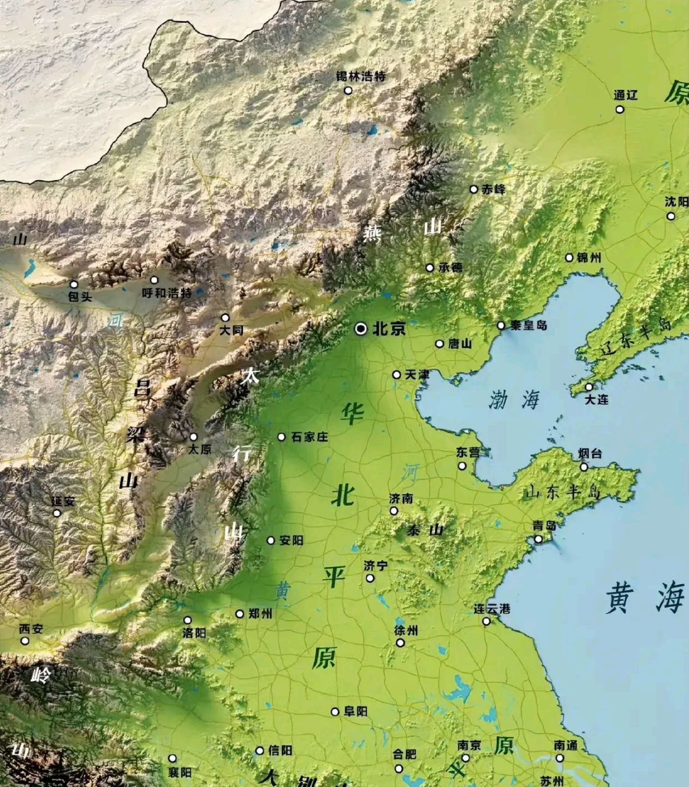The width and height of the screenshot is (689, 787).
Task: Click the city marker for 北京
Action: point(360,329)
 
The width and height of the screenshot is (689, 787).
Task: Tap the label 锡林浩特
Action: point(360,77)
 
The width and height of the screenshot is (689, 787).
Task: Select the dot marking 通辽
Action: point(619,109)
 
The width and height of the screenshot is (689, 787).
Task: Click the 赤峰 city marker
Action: point(474,189)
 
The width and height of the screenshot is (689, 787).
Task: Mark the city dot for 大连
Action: point(589,387)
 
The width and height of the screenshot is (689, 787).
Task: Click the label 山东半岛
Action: point(562,492)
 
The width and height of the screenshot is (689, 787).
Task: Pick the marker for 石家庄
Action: point(282,437)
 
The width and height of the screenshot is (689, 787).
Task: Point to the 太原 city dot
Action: point(193,437)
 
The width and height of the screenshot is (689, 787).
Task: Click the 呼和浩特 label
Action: point(167,293)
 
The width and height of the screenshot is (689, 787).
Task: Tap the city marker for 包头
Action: point(74,284)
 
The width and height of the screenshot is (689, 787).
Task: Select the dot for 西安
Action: point(25,641)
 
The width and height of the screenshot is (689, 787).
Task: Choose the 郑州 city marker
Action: point(240,614)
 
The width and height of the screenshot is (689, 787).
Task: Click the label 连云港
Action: point(492,609)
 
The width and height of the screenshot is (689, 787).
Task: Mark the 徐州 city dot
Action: point(400,643)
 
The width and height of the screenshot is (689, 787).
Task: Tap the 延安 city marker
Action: point(57,513)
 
